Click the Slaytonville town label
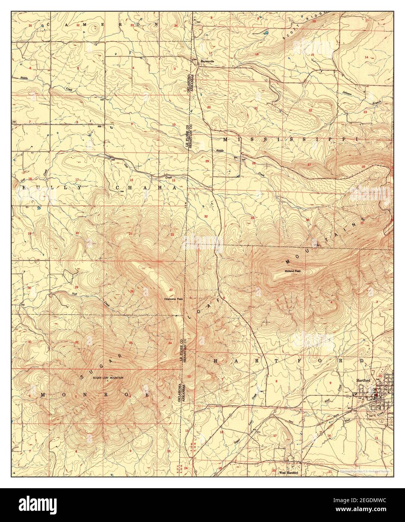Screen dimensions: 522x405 coord(207,61)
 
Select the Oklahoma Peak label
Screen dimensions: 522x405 coord(173,299)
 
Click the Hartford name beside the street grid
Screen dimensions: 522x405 coord(363,381)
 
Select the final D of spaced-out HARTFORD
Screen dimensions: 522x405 coord(362,361)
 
